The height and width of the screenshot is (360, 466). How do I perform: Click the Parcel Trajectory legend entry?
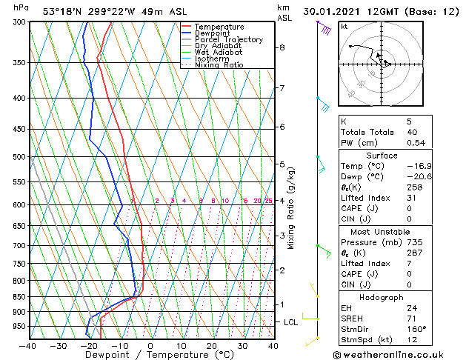click(228, 40)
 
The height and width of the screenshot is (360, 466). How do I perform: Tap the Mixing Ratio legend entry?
click(219, 65)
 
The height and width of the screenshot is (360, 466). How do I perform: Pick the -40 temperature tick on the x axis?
click(28, 345)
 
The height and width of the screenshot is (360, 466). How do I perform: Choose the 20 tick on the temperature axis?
click(211, 345)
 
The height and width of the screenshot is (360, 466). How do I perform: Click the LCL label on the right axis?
click(290, 322)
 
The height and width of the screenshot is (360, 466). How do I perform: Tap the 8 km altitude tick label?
click(282, 47)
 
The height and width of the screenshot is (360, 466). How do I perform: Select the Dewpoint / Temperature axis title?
click(150, 355)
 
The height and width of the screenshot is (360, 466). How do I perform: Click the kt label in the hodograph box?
click(344, 27)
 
